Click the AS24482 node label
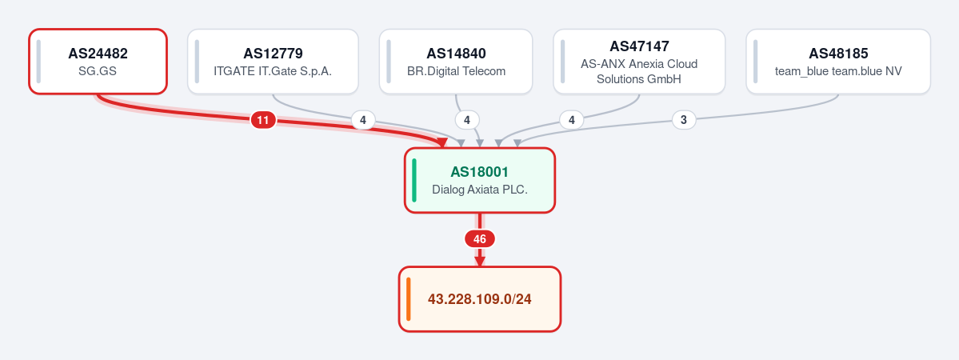coord(98,54)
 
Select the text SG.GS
coord(98,71)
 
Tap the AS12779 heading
coord(273,54)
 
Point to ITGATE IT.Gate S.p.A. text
coord(273,71)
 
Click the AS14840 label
coord(456,54)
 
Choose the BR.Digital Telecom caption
coord(456,71)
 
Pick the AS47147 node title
coord(640,46)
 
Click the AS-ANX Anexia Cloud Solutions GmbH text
coord(640,72)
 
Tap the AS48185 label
coord(838,54)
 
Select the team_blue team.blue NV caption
coord(838,71)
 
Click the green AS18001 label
coord(480,172)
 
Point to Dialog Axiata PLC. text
coord(480,190)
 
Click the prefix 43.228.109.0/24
coord(480,299)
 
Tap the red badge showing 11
coord(263,120)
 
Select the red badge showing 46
coord(480,238)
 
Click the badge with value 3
coord(684,120)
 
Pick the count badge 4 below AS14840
coord(467,120)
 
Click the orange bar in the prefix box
coord(409,299)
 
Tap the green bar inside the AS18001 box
coord(414,181)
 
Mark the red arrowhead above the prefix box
coord(480,261)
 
